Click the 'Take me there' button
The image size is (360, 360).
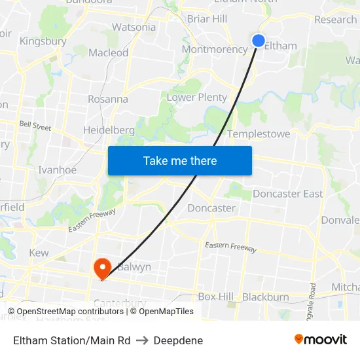[180, 160]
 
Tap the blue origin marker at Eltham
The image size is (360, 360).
[259, 41]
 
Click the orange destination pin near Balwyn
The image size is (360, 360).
[102, 268]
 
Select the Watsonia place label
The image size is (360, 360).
[134, 27]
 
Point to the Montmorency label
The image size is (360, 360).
[214, 49]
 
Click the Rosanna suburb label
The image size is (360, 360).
[108, 99]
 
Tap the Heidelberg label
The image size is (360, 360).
[109, 130]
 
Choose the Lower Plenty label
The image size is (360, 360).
[196, 98]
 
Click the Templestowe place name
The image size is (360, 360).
[258, 134]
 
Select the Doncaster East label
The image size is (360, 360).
[287, 194]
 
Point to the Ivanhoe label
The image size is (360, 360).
[57, 170]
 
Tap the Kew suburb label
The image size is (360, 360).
[39, 253]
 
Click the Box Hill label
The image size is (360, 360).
[215, 297]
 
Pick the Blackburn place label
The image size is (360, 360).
[265, 297]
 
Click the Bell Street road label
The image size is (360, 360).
[35, 125]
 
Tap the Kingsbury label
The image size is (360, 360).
[43, 41]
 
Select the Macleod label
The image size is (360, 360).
[108, 52]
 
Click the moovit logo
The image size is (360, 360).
[320, 340]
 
